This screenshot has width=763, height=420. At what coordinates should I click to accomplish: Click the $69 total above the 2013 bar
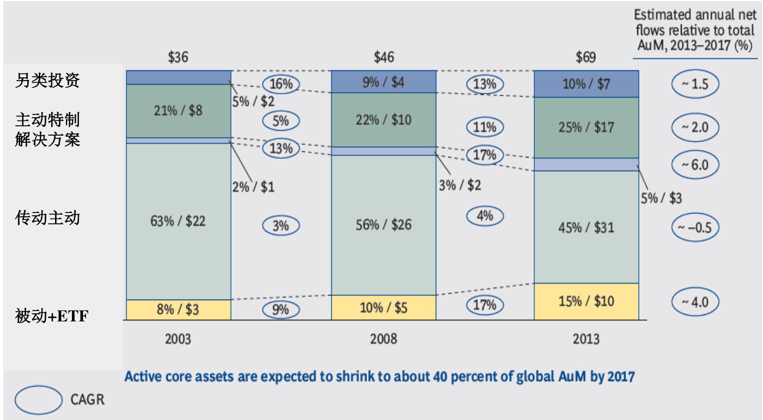point(586,57)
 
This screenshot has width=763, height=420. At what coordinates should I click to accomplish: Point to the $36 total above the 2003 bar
point(178,57)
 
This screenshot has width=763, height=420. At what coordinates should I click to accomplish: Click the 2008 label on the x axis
point(384,339)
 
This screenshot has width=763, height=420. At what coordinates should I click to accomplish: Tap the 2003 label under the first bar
point(178,339)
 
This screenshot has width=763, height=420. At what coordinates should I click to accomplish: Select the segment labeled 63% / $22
point(178,221)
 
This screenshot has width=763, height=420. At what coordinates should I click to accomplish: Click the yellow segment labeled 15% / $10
point(586,301)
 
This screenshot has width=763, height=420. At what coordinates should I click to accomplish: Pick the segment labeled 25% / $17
point(586,127)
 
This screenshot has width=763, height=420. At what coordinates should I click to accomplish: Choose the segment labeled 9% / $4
point(384,82)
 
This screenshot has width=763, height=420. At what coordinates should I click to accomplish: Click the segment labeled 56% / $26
point(384,225)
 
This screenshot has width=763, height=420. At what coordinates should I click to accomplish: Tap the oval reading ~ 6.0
point(695,165)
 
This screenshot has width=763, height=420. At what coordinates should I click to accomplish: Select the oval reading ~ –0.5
point(695,228)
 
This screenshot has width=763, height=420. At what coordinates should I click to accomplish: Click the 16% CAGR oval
point(280,84)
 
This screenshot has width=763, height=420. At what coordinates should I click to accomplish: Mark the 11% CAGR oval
point(485,127)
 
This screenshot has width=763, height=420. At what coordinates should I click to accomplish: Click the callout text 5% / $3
point(661,198)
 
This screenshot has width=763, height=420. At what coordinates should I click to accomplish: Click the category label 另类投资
point(47,81)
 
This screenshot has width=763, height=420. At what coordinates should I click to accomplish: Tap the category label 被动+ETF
point(51,316)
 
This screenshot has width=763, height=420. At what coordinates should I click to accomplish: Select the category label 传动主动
point(47,218)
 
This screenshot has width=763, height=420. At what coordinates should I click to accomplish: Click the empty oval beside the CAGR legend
point(38,400)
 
